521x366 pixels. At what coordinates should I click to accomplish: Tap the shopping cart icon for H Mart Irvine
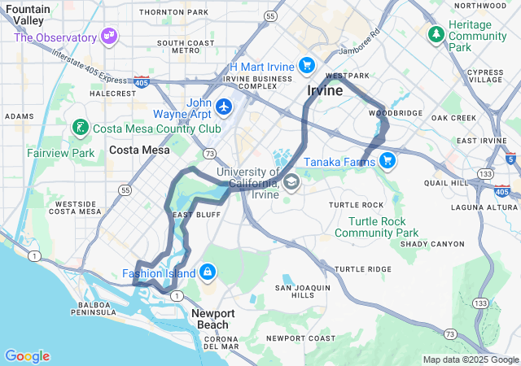(306, 65)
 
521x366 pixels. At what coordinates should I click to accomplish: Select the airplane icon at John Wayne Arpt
(225, 106)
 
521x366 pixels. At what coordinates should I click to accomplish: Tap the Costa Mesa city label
(139, 150)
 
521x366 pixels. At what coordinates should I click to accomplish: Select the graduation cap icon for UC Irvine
(291, 181)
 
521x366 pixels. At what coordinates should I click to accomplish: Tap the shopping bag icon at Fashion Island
(208, 271)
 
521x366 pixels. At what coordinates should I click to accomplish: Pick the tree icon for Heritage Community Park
(436, 34)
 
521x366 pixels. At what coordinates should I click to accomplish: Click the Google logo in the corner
(27, 356)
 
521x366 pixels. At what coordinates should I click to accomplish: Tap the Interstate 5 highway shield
(510, 159)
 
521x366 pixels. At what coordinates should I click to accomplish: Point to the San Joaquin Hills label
(302, 291)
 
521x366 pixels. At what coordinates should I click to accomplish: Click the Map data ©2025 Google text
(470, 359)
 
